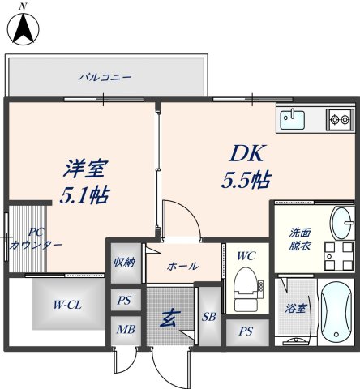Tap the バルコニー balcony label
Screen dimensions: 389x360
[105, 78]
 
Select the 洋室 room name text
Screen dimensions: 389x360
[85, 169]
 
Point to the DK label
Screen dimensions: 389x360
[244, 153]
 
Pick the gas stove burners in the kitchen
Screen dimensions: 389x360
[339, 121]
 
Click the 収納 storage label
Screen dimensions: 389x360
[124, 262]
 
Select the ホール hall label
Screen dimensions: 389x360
[182, 266]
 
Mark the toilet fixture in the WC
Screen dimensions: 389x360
[244, 287]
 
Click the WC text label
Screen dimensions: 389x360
[246, 255]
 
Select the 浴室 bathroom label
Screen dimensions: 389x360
[296, 310]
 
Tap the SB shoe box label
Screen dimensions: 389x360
[208, 316]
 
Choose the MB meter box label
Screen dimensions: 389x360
[124, 330]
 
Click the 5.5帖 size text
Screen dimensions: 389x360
[246, 180]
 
